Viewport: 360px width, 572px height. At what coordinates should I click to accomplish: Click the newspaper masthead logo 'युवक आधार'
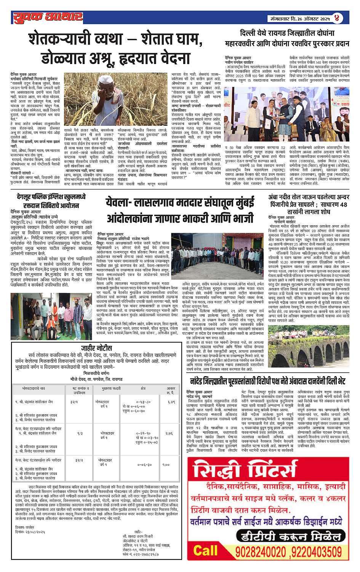point(48,17)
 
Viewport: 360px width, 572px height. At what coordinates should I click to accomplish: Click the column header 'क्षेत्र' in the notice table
point(143,388)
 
